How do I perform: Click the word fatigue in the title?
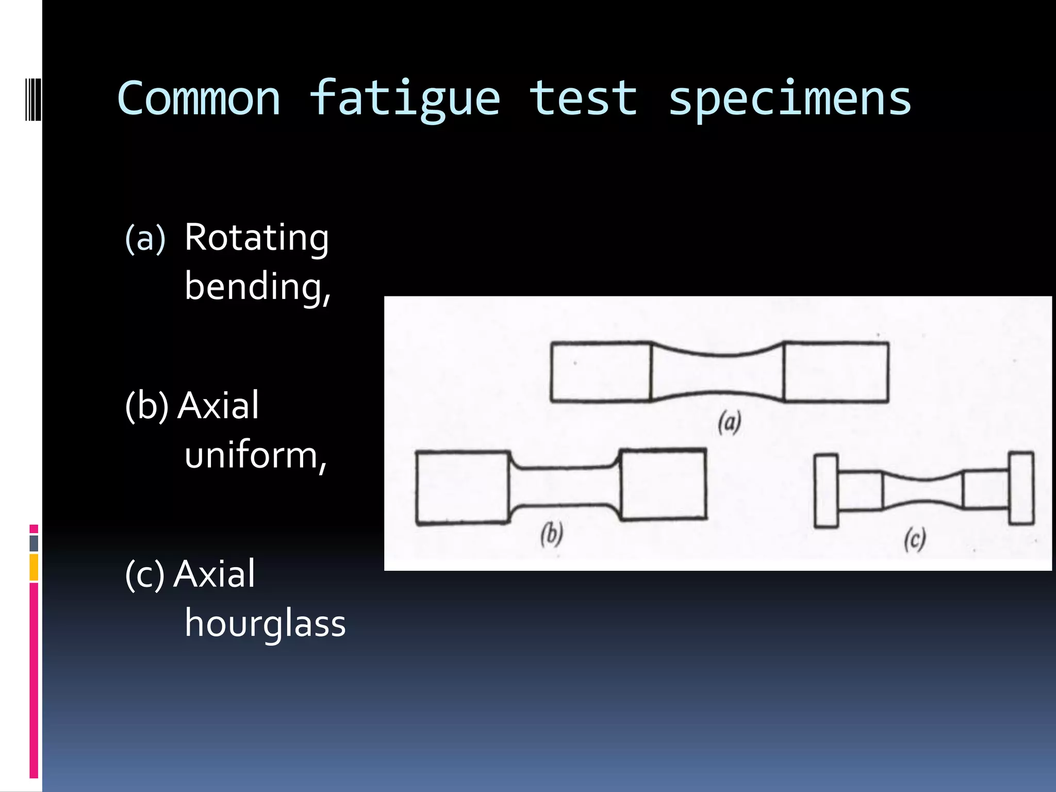point(405,99)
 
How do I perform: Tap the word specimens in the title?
point(790,99)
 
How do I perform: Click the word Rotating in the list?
point(257,238)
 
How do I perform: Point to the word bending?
point(257,287)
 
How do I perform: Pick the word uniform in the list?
point(255,456)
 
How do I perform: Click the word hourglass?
point(265,623)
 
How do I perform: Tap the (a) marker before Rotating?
point(145,239)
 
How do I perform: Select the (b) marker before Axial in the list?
point(147,406)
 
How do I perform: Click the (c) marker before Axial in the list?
point(145,574)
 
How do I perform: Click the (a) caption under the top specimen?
point(730,422)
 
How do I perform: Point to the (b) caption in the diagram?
point(551,534)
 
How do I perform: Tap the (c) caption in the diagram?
point(915,539)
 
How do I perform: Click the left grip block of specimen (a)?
point(600,371)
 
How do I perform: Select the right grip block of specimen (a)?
point(836,371)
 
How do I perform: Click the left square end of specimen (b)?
point(463,488)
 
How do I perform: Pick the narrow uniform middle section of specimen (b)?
point(565,486)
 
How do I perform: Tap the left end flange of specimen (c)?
point(826,490)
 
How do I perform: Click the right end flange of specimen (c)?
point(1021,488)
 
